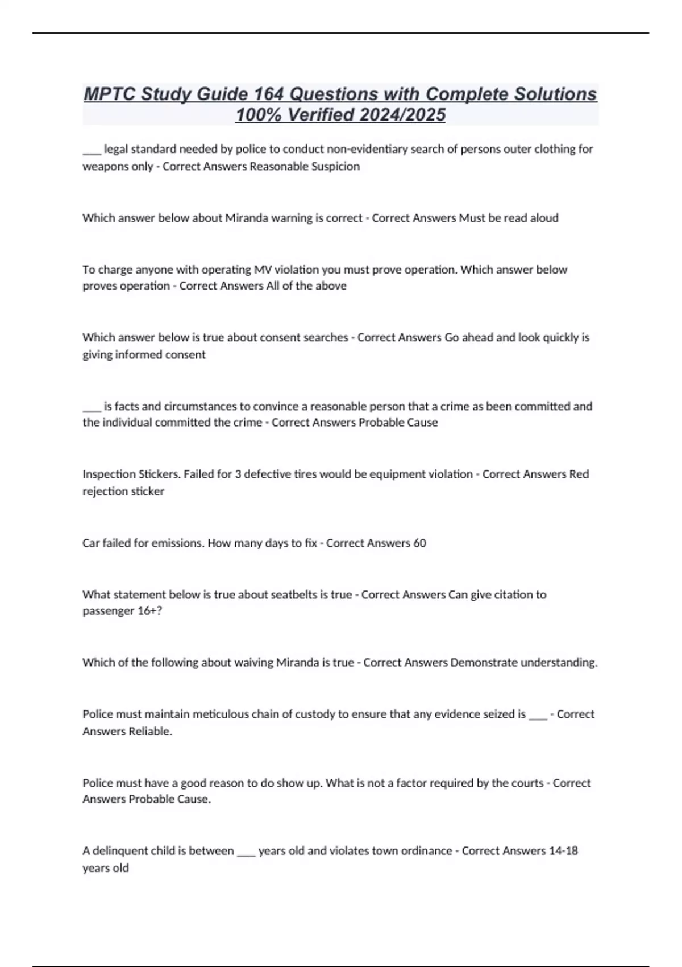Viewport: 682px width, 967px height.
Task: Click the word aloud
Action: coord(543,218)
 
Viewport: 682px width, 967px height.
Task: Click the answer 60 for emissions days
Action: coord(419,543)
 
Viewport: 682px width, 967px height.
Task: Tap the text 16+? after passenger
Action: coord(150,611)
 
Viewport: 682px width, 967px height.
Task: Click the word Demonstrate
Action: coord(484,662)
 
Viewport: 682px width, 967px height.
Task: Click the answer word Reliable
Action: coord(151,731)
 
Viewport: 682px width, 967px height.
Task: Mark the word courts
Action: coord(526,783)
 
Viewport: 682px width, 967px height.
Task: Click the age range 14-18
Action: coord(563,850)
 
